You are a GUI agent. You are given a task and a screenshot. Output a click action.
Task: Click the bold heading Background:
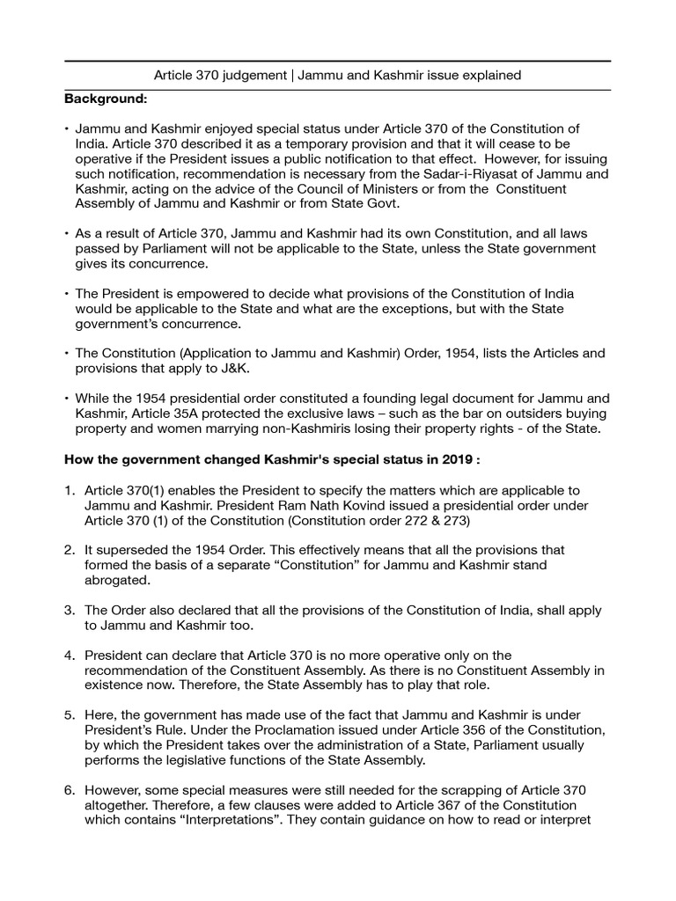pyautogui.click(x=105, y=99)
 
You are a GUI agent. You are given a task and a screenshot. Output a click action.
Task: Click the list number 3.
pyautogui.click(x=69, y=610)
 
